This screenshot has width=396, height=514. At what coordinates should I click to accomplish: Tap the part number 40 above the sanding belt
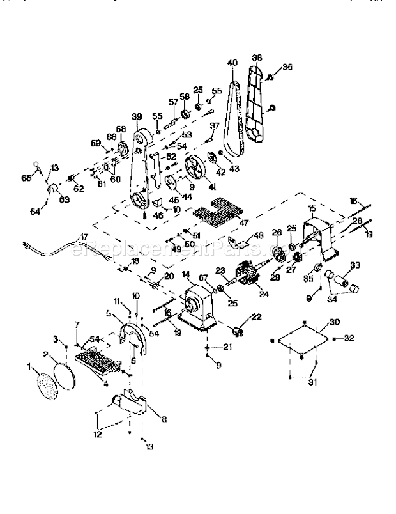pyautogui.click(x=232, y=63)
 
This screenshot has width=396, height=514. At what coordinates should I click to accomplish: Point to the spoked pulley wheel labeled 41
pyautogui.click(x=194, y=172)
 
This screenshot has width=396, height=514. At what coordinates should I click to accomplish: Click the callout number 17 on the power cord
pyautogui.click(x=84, y=237)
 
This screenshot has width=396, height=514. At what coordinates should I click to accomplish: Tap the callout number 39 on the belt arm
pyautogui.click(x=136, y=117)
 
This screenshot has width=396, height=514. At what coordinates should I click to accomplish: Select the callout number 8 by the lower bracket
pyautogui.click(x=164, y=419)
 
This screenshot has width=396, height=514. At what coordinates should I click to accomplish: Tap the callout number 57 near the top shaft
pyautogui.click(x=172, y=102)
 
